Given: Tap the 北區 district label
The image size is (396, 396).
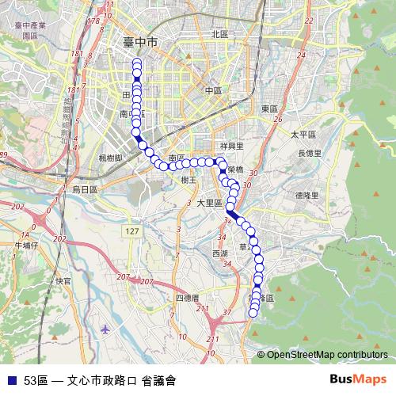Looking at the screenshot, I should (219, 34).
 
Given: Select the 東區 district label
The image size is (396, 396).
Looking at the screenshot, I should (269, 109).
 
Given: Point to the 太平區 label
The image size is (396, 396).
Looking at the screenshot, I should (303, 135).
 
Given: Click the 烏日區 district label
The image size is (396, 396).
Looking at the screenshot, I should (84, 190).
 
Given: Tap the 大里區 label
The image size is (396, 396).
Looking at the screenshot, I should (209, 203).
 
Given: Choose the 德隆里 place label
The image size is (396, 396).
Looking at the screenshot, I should (306, 195).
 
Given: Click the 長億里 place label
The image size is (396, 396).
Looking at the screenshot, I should (309, 153).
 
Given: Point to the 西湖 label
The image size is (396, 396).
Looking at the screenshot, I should (219, 253).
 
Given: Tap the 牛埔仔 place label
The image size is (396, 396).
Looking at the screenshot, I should (26, 246).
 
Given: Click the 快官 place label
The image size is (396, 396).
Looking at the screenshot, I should (63, 280).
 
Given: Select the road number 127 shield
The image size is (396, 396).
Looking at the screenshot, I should (131, 230).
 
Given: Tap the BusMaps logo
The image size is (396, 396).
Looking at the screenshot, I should (359, 379).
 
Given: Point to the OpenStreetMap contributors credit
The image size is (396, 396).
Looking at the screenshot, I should (326, 355).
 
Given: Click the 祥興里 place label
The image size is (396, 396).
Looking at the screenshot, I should (232, 147).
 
